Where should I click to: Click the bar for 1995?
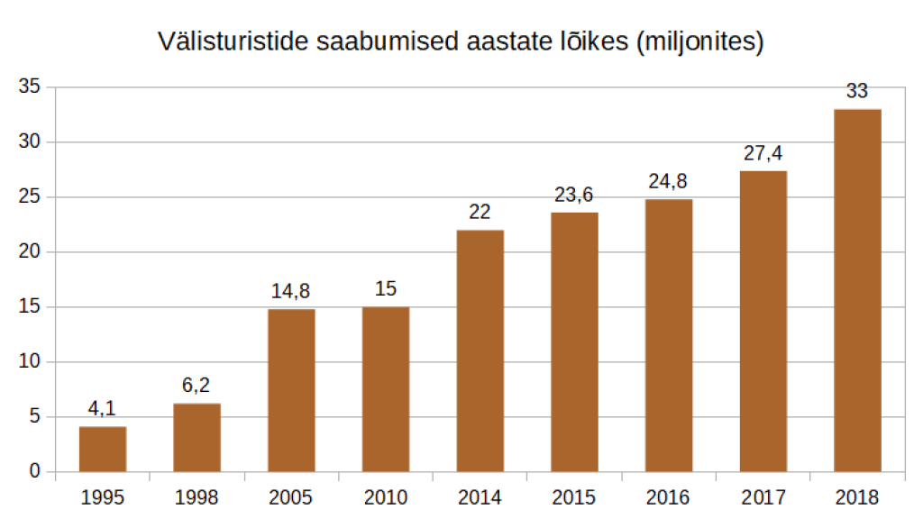[103, 449]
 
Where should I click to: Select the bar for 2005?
[291, 390]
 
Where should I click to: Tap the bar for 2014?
[480, 351]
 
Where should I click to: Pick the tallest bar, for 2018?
[857, 290]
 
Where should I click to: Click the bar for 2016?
[669, 335]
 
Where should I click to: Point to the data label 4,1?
[103, 408]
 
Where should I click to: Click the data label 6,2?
[196, 386]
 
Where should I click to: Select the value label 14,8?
[291, 291]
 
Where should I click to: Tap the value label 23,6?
[574, 195]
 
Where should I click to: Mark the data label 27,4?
[763, 152]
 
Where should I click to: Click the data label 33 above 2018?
[857, 91]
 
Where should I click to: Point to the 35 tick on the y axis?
[29, 87]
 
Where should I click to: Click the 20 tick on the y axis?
[29, 252]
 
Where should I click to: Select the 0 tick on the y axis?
[34, 471]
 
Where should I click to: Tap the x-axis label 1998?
[196, 496]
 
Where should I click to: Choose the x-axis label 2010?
[386, 496]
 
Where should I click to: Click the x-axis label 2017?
[763, 496]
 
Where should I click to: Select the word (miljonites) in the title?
[700, 41]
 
